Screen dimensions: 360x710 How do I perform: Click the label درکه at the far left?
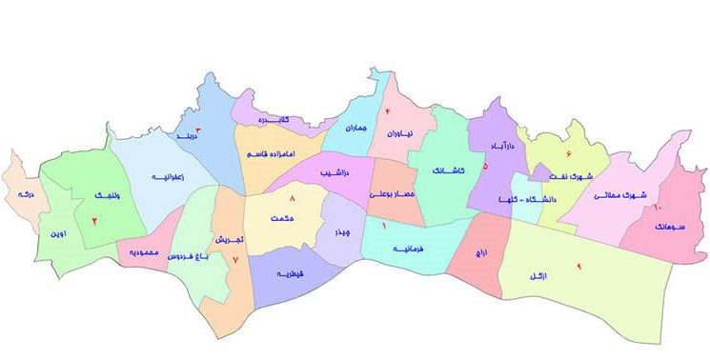click(24, 194)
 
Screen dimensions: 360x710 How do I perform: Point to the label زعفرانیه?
click(167, 177)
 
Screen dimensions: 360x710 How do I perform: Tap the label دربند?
click(189, 138)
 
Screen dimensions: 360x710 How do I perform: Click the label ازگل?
click(539, 275)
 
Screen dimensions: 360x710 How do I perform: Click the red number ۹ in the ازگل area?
click(578, 266)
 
